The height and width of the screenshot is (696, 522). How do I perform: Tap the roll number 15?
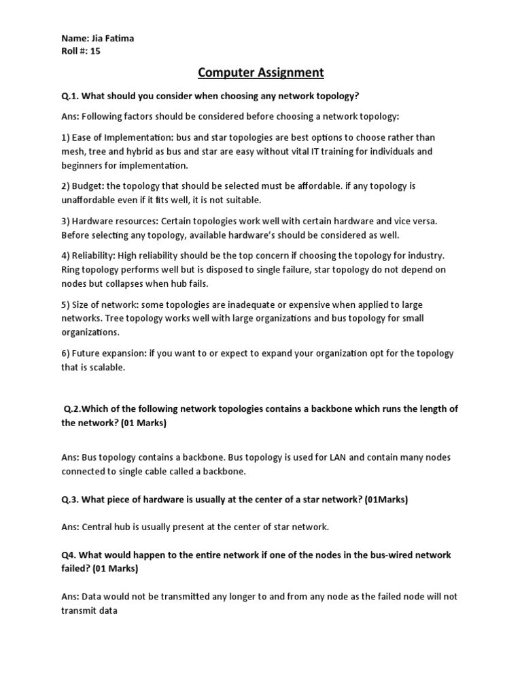coord(94,50)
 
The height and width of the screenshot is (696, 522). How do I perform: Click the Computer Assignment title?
coord(261,73)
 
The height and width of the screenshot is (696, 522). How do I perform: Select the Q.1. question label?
coord(71,96)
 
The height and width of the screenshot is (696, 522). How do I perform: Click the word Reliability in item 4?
coord(92,255)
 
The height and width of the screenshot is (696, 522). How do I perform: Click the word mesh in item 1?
coord(73,151)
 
